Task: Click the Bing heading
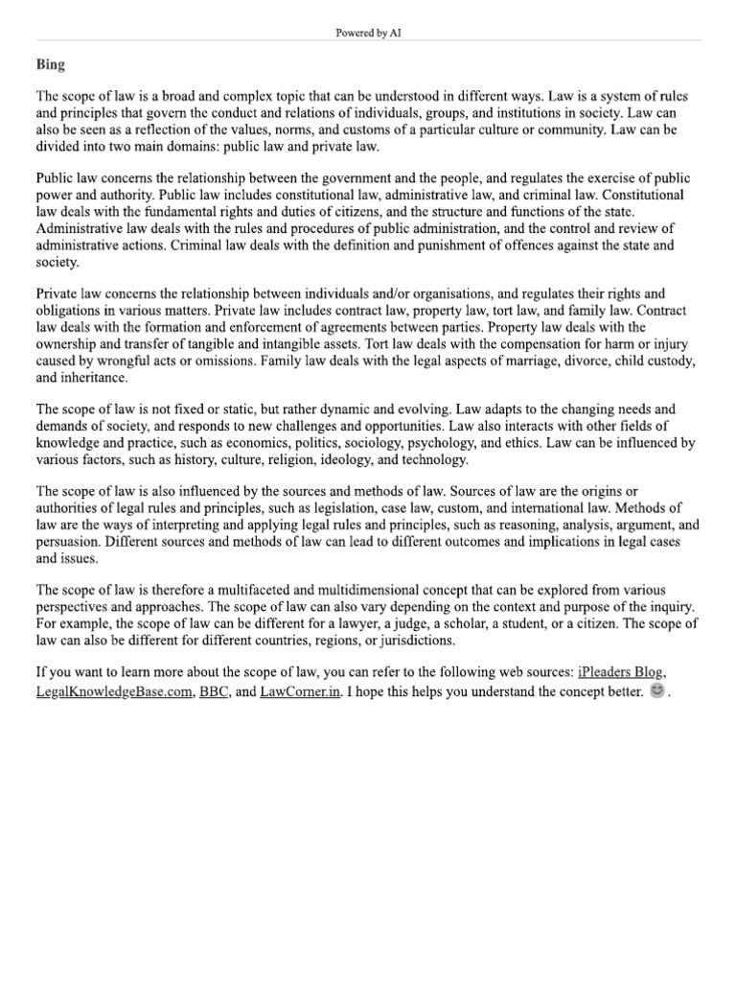50,65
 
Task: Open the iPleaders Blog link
620,672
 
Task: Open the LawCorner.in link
300,690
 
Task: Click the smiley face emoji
656,690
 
